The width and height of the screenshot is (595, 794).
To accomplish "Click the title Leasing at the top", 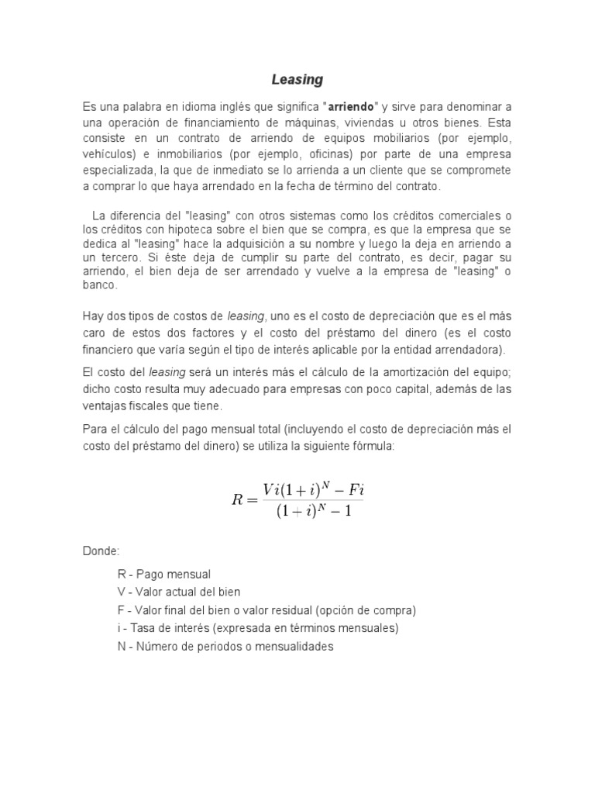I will (x=297, y=80).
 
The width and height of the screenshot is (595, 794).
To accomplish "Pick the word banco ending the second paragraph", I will (x=101, y=285).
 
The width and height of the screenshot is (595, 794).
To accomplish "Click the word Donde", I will (x=101, y=551).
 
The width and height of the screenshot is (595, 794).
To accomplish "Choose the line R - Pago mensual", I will (x=164, y=575).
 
